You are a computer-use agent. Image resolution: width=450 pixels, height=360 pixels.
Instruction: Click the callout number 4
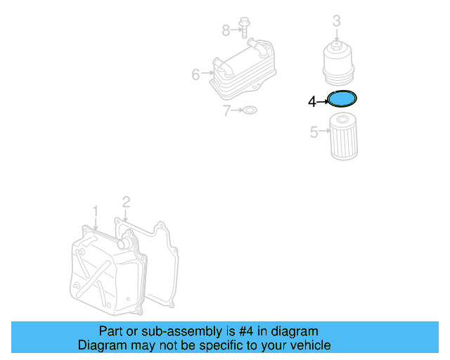click(x=312, y=103)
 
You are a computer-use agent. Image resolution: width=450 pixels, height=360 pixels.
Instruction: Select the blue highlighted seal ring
click(x=343, y=98)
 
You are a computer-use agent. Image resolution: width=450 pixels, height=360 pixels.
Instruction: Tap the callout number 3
click(x=337, y=22)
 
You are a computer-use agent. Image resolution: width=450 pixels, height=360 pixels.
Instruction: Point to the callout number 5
click(x=314, y=131)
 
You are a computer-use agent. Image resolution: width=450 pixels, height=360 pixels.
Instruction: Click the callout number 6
click(x=196, y=72)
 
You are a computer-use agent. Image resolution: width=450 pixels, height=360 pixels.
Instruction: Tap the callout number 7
click(x=227, y=110)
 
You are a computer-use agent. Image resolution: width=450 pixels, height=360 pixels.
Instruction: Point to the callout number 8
click(x=226, y=30)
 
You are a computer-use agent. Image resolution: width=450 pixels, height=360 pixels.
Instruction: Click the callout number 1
click(x=96, y=210)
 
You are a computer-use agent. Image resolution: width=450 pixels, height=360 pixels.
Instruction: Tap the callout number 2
click(x=126, y=202)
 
